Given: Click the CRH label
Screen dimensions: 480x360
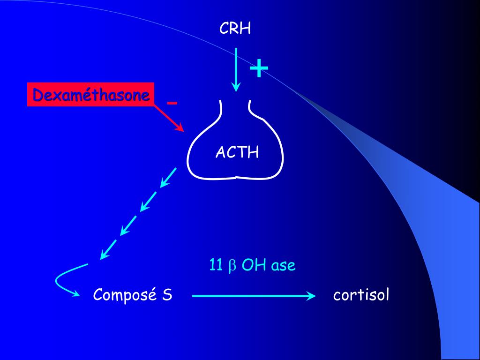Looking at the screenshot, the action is click(x=235, y=29).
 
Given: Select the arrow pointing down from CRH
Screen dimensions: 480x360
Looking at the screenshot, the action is click(x=236, y=68).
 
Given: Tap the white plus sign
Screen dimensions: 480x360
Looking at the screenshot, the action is click(x=259, y=69).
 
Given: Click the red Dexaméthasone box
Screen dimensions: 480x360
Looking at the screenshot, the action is click(x=91, y=95).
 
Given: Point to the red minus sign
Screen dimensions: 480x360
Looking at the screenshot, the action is click(x=172, y=103).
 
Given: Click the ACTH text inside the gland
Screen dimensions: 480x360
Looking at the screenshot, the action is click(x=237, y=152).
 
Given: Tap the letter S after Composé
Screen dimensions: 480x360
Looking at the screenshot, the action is click(x=167, y=295).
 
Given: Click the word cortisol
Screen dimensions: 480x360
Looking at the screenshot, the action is click(x=361, y=295).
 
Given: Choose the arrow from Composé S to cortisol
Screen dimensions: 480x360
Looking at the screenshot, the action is click(x=253, y=296).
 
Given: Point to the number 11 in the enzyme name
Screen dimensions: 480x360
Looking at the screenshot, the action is click(x=216, y=266).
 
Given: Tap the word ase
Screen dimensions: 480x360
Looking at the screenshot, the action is click(x=283, y=266).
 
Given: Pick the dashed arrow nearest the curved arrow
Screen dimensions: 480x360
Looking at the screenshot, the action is click(x=108, y=249).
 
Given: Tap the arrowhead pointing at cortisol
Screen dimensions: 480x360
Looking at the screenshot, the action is click(x=311, y=296).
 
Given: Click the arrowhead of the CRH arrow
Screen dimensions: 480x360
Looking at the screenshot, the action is click(x=236, y=87).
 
